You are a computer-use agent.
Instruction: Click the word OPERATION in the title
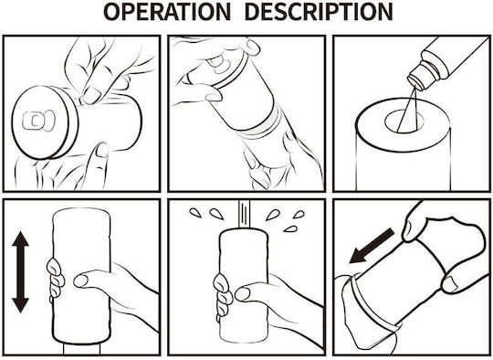(167, 12)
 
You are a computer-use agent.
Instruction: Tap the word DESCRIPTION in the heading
(319, 12)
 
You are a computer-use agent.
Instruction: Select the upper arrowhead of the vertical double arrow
(21, 238)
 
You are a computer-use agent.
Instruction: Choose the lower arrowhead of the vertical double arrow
(21, 305)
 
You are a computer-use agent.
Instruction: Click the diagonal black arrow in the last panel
(372, 246)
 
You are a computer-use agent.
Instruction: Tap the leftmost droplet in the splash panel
(195, 213)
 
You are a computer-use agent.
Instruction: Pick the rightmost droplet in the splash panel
(299, 215)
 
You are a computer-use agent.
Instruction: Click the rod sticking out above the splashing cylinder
(245, 213)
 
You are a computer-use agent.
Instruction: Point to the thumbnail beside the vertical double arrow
(80, 281)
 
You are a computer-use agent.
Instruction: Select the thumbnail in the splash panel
(243, 293)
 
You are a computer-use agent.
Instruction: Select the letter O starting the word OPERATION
(111, 12)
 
